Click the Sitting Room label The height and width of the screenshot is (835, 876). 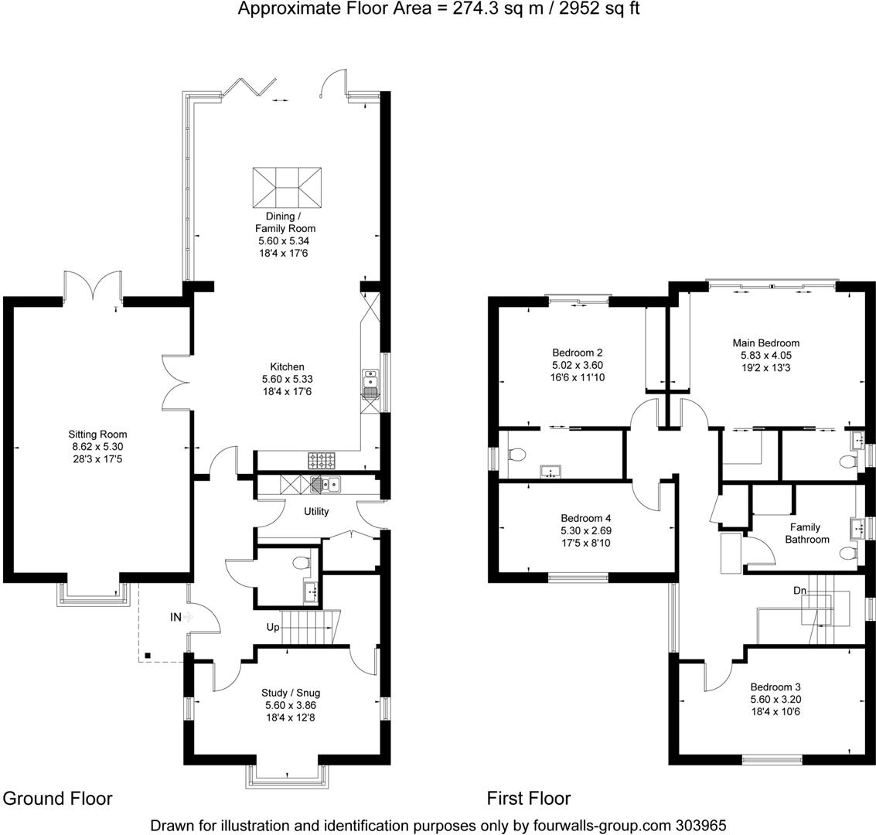coord(97,435)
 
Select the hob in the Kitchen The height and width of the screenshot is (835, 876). coord(322,461)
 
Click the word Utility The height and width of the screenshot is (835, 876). coord(316,511)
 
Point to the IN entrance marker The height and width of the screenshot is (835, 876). coord(176,617)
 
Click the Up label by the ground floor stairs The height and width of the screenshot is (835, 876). coord(272,627)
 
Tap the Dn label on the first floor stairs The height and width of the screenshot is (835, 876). coord(801,590)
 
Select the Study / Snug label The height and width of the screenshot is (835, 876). coord(290,693)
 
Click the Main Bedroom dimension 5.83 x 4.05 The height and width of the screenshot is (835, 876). coord(765,356)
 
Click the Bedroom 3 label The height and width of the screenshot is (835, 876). coord(774,687)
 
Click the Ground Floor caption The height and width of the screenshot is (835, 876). coord(59,799)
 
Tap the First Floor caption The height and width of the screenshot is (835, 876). coord(529,799)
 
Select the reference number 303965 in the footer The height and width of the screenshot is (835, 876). coord(700,825)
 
